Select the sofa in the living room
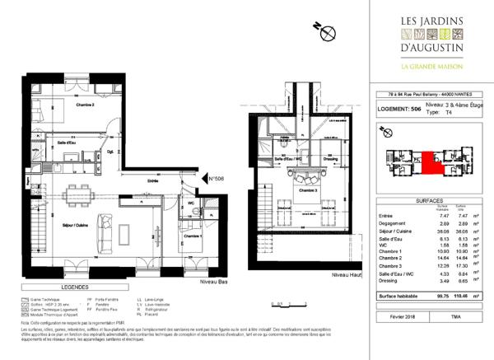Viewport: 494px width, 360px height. pyautogui.click(x=105, y=223)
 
